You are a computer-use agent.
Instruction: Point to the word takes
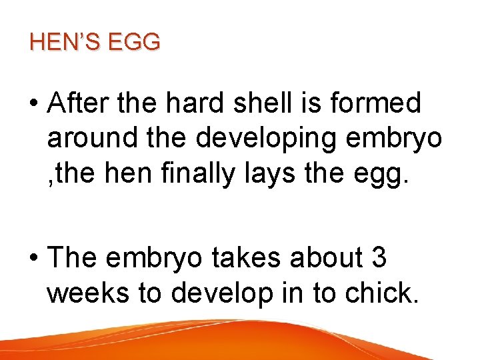click(x=247, y=257)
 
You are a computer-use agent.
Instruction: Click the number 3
click(x=379, y=257)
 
